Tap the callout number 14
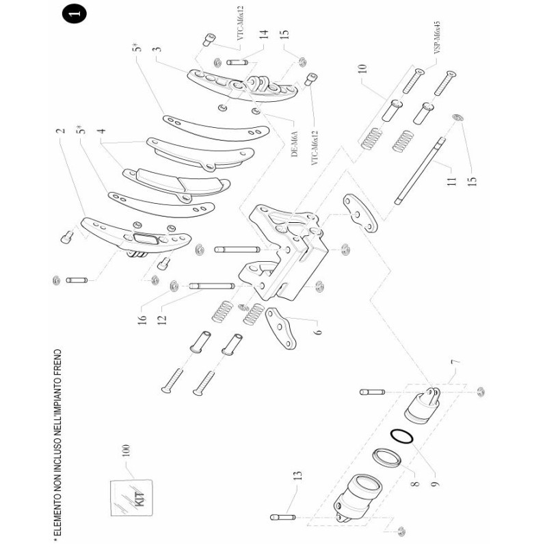[x=263, y=36]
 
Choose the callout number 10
[x=362, y=70]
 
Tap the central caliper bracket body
[x=287, y=253]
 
